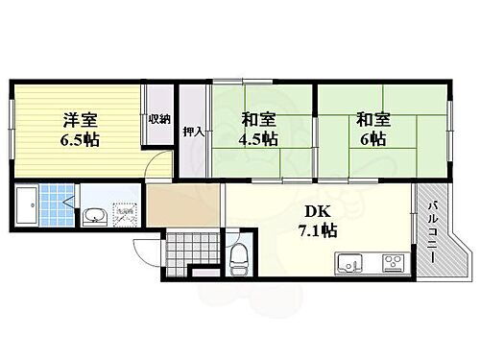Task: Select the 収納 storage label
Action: click(158, 120)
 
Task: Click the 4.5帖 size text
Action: click(260, 139)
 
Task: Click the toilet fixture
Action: click(239, 256)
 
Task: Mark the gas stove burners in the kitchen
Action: click(393, 262)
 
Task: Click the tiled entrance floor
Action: click(185, 251)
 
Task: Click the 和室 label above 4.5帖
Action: click(260, 120)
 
